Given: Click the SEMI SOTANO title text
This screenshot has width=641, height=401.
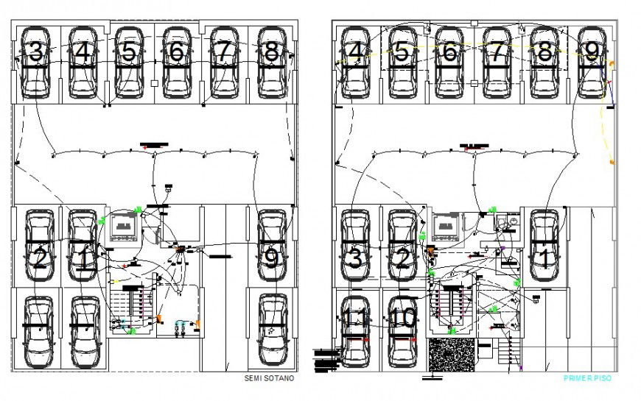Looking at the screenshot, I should click(269, 379).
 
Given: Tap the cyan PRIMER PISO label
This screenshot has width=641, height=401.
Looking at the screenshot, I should click(586, 378).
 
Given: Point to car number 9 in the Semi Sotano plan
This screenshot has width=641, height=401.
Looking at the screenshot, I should click(272, 246).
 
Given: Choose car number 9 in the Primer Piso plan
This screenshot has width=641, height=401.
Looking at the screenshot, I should click(591, 63).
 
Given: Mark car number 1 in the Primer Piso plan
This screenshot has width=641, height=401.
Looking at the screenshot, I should click(544, 246).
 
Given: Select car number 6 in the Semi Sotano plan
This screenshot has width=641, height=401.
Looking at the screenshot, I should click(176, 63).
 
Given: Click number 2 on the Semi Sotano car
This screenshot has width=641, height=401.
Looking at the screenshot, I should click(40, 258).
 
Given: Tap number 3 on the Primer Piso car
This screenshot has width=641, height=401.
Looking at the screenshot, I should click(355, 258).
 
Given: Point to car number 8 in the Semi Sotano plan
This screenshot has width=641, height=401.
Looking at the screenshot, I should click(270, 63).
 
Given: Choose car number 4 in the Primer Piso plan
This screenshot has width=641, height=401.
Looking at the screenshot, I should click(355, 63).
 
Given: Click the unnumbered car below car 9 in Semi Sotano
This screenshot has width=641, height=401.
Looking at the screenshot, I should click(272, 331).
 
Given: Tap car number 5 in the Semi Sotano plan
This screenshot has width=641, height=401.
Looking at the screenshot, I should click(130, 63).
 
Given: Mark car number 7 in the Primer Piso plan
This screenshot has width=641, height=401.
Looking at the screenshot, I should click(497, 63).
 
